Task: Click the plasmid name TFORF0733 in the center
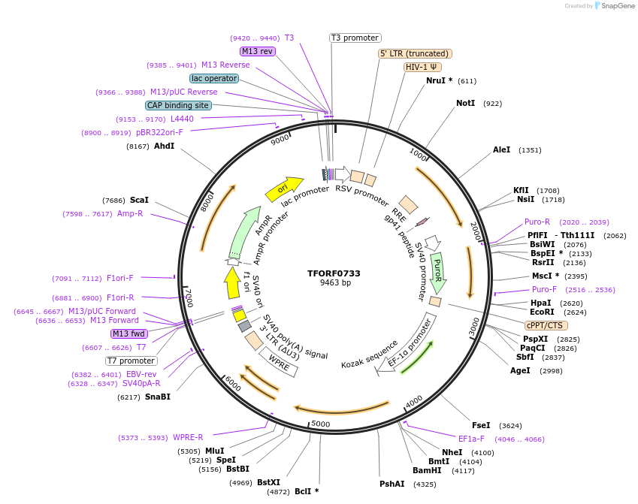click(334, 273)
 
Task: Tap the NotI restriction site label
click(465, 103)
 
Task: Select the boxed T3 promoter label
click(355, 38)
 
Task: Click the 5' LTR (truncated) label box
click(414, 53)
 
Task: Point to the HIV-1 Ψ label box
click(423, 67)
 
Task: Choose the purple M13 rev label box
click(258, 51)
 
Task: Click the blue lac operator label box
click(214, 78)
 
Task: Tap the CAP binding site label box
click(178, 106)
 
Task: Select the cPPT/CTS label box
click(546, 325)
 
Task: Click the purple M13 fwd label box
click(129, 333)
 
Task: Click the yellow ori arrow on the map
click(283, 189)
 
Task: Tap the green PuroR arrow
click(437, 272)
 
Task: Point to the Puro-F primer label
click(544, 289)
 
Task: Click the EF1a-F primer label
click(471, 439)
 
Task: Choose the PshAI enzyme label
click(392, 484)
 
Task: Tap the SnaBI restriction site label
click(157, 397)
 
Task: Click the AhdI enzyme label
click(164, 146)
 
